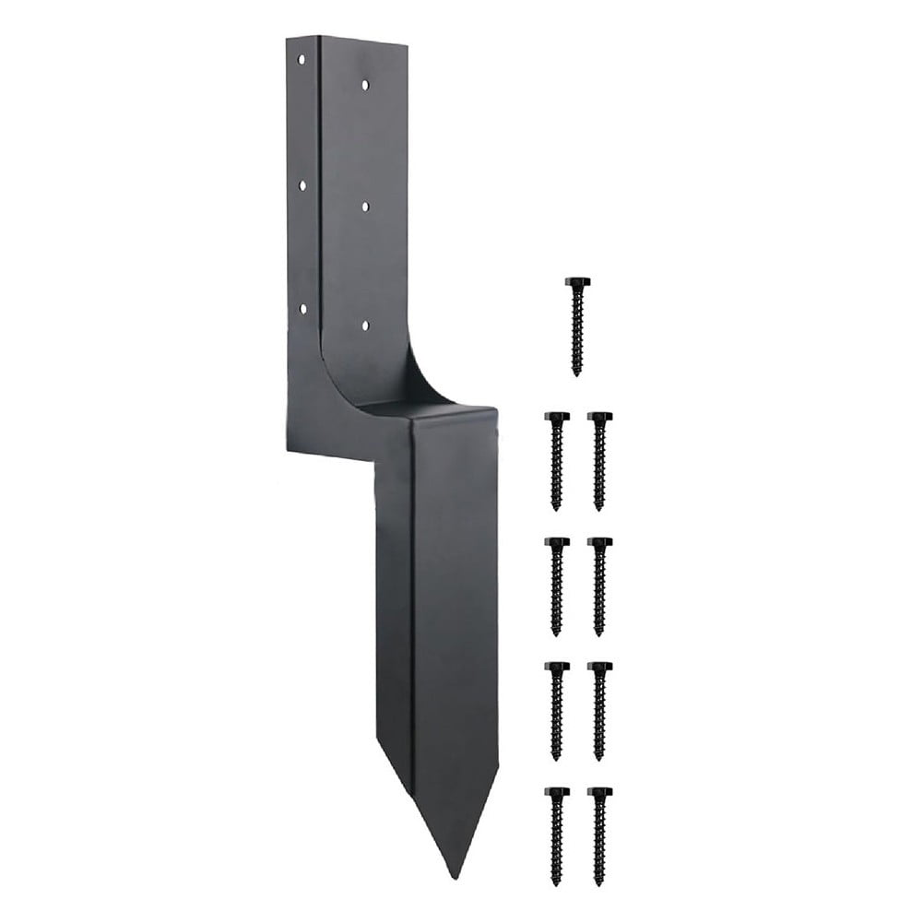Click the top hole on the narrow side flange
pyautogui.click(x=302, y=59)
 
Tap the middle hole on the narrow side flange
pyautogui.click(x=302, y=185)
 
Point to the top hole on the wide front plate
pyautogui.click(x=365, y=84)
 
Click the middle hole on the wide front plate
pyautogui.click(x=365, y=207)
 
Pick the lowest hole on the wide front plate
pyautogui.click(x=365, y=325)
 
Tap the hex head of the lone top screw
pyautogui.click(x=577, y=282)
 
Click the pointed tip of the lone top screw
pyautogui.click(x=577, y=373)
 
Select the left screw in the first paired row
pyautogui.click(x=556, y=461)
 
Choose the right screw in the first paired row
pyautogui.click(x=599, y=461)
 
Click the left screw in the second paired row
pyautogui.click(x=556, y=586)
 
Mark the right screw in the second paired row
pyautogui.click(x=599, y=586)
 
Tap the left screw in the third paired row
pyautogui.click(x=556, y=711)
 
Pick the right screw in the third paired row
pyautogui.click(x=599, y=711)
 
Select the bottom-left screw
pyautogui.click(x=556, y=835)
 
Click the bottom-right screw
pyautogui.click(x=599, y=835)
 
